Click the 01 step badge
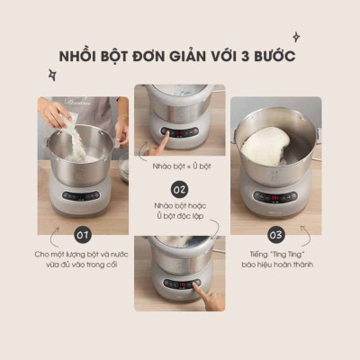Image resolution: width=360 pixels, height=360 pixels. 84,235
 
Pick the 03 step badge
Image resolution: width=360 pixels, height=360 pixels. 276,235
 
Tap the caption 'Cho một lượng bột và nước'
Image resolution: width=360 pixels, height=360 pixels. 84,256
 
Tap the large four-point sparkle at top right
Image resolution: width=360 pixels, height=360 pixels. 319,38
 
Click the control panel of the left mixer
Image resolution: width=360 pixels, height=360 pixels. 82,195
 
